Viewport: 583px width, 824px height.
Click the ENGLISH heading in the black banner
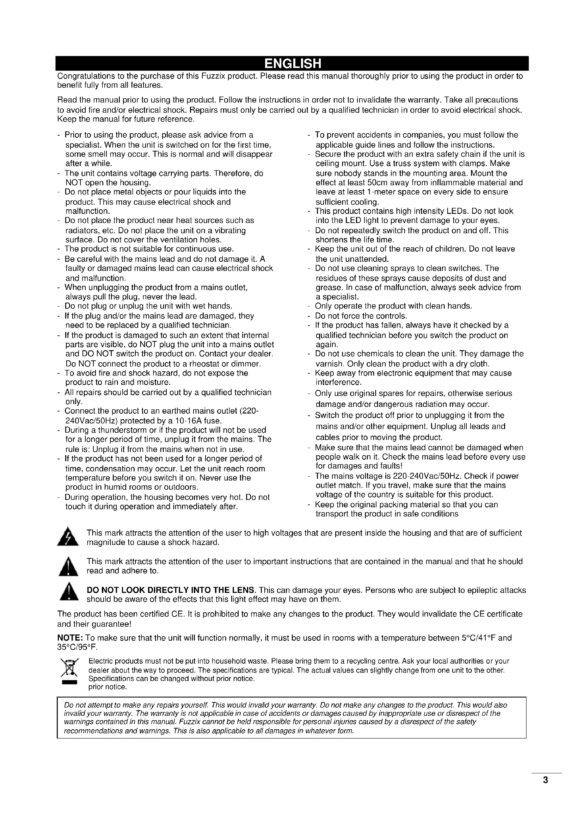point(292,63)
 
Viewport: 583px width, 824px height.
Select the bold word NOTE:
point(70,638)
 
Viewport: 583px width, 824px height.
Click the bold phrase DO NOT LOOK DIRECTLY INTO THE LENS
point(171,590)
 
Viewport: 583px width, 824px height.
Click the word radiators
point(82,230)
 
